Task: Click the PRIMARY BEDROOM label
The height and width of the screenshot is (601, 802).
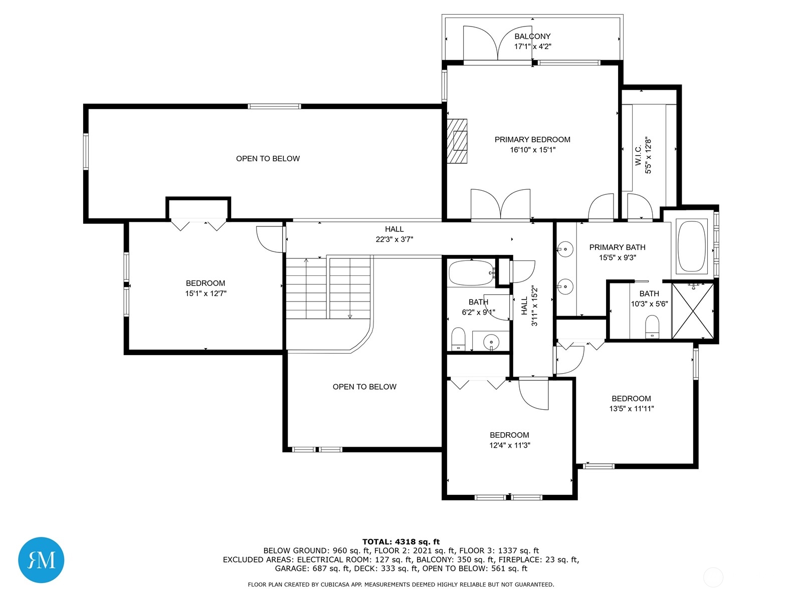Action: tap(532, 139)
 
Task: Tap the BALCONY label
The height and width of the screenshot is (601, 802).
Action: tap(532, 36)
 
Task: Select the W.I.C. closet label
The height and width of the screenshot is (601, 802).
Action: tap(638, 155)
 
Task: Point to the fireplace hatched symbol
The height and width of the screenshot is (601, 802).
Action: tap(457, 141)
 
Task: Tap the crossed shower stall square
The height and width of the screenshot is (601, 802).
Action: tap(693, 311)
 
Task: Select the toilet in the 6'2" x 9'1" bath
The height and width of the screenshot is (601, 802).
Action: tap(458, 339)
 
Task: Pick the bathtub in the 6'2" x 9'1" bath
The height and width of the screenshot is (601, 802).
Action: tap(472, 272)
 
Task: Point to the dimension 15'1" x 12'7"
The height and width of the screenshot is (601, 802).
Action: tap(206, 293)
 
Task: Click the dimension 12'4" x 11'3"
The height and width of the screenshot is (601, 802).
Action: tap(509, 445)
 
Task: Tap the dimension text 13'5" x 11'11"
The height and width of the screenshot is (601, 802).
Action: tap(632, 409)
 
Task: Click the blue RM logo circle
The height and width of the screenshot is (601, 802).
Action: tap(41, 560)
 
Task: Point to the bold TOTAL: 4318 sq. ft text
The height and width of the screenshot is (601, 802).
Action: tap(401, 542)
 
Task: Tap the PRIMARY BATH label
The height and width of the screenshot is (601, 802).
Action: tap(617, 247)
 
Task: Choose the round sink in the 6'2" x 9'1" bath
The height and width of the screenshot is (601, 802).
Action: tap(491, 342)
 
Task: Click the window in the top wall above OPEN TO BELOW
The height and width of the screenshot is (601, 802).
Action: tap(274, 107)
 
